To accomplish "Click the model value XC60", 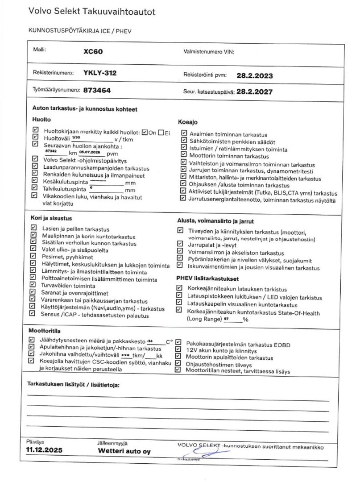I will point(93,52).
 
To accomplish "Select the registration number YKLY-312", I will point(100,73).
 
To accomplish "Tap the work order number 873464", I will point(97,90).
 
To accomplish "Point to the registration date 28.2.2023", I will point(255,75).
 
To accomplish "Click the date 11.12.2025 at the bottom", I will point(44,450).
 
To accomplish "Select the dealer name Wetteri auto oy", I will point(124,451).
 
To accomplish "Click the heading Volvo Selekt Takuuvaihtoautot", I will point(92,12).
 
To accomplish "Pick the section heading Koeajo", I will point(188,122).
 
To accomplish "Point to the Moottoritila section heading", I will point(45,332).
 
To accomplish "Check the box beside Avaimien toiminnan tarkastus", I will point(184,133).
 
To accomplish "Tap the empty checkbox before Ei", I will point(160,133).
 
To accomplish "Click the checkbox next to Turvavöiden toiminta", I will point(33,286).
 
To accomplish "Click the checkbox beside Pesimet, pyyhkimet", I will point(33,257).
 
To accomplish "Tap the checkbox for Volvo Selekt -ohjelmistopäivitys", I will point(35,159).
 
